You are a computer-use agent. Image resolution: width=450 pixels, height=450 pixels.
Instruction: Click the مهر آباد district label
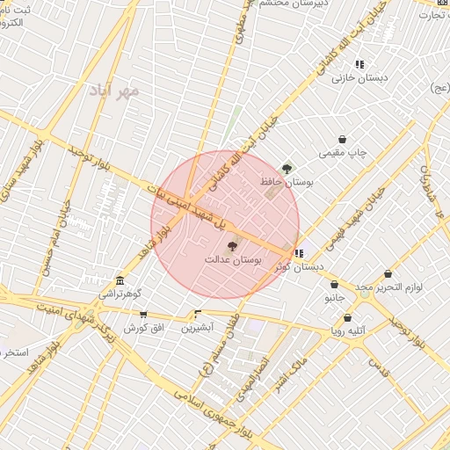pos(120,91)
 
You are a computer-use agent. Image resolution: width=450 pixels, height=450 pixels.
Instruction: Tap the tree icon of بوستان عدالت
pos(232,247)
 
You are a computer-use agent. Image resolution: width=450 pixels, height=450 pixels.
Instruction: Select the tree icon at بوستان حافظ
pos(287,168)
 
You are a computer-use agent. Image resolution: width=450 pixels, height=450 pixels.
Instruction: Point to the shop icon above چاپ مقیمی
pos(342,139)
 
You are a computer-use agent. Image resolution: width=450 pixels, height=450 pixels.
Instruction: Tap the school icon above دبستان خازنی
pos(359,64)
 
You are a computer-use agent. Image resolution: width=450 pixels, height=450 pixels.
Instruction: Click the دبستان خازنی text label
pos(358,78)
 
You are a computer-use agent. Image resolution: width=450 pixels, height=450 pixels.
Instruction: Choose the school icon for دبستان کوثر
pos(299,253)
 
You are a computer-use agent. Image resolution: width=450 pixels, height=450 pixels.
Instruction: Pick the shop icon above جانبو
pos(335,284)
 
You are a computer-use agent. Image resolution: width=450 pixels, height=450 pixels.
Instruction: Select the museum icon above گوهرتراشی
pos(120,281)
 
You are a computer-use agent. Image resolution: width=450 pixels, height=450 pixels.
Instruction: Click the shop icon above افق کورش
pos(143,314)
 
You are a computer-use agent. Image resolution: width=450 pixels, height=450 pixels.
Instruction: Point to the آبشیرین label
pos(197,328)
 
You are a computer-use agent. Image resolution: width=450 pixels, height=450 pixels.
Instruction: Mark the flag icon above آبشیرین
pos(197,314)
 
